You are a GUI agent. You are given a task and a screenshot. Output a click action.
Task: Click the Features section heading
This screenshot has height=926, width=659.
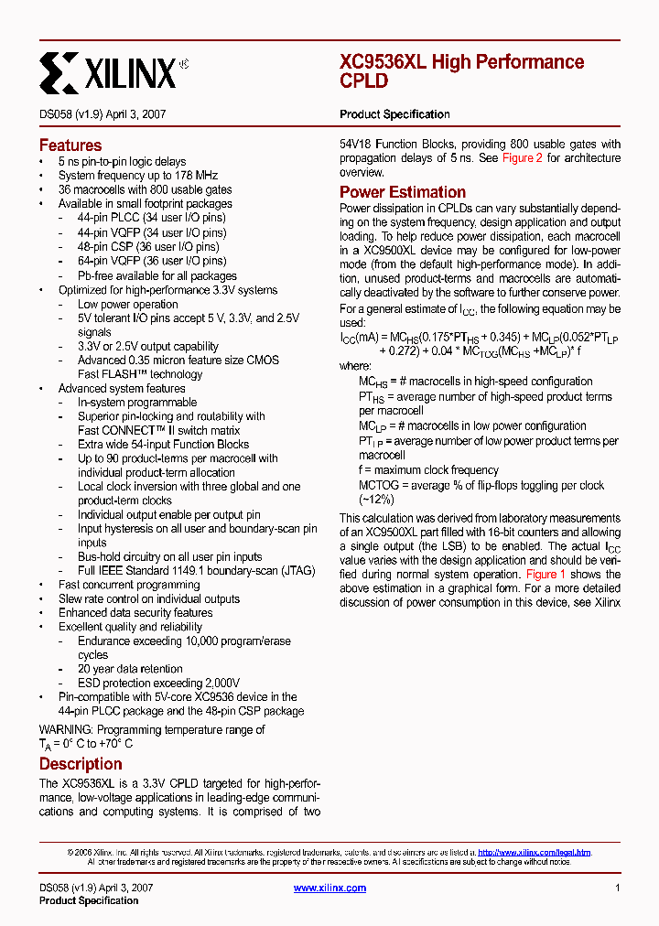pyautogui.click(x=70, y=145)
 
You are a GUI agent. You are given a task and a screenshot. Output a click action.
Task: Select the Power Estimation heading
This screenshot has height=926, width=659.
pyautogui.click(x=403, y=192)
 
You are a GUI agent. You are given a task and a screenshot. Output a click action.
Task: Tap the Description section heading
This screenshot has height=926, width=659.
pyautogui.click(x=81, y=764)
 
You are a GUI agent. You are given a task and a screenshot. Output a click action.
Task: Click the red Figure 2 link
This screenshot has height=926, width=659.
pyautogui.click(x=523, y=158)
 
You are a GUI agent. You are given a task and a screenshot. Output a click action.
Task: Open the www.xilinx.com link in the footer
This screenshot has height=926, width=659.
pyautogui.click(x=329, y=888)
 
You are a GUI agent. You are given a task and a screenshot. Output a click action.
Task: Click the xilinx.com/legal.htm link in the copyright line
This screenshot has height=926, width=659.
pyautogui.click(x=534, y=852)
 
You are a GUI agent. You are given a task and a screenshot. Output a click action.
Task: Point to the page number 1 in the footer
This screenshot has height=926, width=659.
pyautogui.click(x=618, y=888)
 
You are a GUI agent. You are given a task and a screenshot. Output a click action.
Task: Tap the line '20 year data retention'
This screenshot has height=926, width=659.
pyautogui.click(x=130, y=669)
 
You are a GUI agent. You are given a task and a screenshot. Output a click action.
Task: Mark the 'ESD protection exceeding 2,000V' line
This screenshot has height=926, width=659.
pyautogui.click(x=158, y=683)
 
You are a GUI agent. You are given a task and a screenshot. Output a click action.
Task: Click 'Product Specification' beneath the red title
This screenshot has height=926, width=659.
pyautogui.click(x=394, y=114)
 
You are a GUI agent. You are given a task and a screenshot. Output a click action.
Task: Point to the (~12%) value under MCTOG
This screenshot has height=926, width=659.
pyautogui.click(x=376, y=500)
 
